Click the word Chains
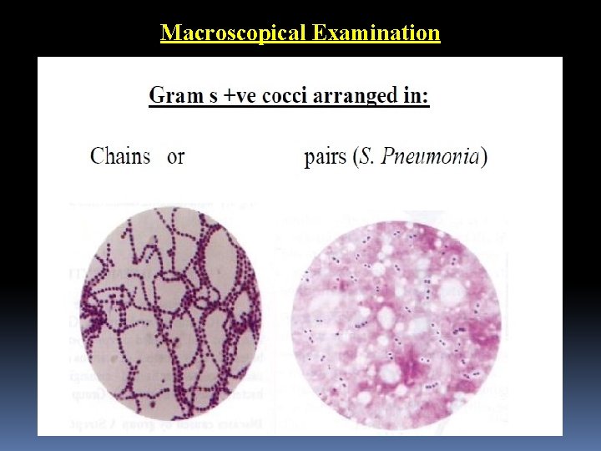click(x=120, y=156)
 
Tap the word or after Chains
click(x=175, y=156)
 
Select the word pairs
click(x=325, y=157)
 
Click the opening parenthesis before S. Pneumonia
click(x=355, y=157)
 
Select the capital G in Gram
click(x=157, y=95)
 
